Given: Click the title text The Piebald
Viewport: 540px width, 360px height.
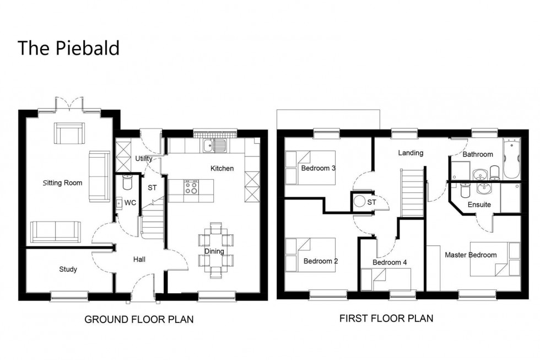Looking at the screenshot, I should [x=68, y=48].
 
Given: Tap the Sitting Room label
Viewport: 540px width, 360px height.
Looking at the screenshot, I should [x=63, y=182].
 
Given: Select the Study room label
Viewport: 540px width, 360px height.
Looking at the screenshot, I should [x=68, y=270].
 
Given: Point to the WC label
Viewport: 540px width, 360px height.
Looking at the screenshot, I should [x=130, y=203].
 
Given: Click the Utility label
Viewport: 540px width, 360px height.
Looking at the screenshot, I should [x=144, y=159].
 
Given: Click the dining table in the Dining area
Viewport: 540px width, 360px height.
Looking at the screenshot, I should [x=214, y=251].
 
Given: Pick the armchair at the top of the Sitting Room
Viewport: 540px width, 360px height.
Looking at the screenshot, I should [x=69, y=133].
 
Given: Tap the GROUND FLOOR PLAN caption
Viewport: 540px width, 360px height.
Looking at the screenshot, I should [x=138, y=320].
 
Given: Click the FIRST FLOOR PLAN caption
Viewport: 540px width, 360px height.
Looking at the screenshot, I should [x=386, y=318].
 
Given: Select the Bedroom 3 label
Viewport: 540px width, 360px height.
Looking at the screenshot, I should [x=318, y=168].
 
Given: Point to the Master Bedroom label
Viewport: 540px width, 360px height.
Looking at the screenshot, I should [x=470, y=255].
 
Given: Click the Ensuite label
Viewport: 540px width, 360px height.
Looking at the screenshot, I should [x=479, y=205].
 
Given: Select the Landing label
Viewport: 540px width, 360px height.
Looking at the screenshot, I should [x=411, y=153].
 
